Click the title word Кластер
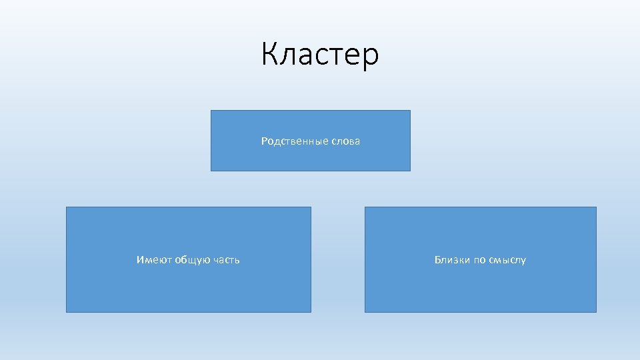[320, 55]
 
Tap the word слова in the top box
[345, 141]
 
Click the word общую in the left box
[193, 260]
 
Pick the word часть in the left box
[227, 260]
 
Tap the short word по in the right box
[480, 260]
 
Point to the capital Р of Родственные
[264, 141]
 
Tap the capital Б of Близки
[438, 260]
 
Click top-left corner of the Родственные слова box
[211, 111]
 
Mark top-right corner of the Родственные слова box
[410, 111]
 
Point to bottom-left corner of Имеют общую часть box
[66, 312]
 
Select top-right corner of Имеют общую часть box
[311, 207]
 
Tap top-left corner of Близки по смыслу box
[365, 207]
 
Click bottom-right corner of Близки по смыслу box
[596, 312]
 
